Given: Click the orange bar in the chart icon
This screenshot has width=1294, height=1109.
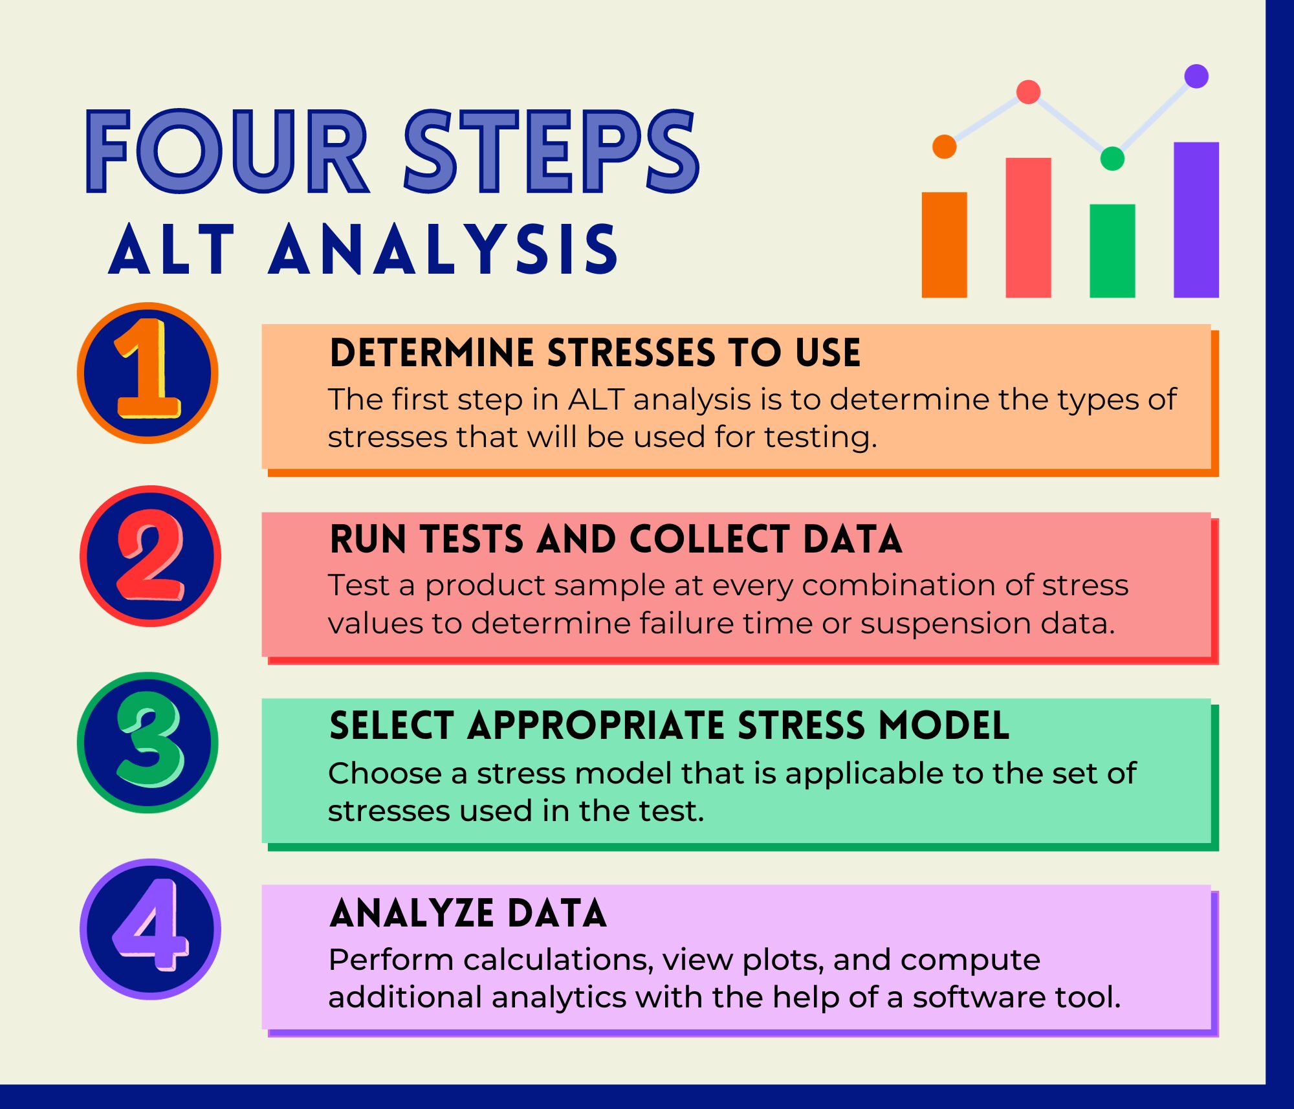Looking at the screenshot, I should click(x=944, y=245).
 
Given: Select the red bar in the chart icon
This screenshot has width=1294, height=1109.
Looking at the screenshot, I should click(x=1028, y=228).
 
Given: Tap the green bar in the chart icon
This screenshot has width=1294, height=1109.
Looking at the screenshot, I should click(x=1112, y=251).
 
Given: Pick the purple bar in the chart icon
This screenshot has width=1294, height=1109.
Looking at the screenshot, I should click(x=1196, y=220).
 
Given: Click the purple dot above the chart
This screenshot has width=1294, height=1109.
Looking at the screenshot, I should click(x=1196, y=76).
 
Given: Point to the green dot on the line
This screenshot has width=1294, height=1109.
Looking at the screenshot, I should click(x=1112, y=159).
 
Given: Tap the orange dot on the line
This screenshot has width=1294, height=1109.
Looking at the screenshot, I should click(x=944, y=146).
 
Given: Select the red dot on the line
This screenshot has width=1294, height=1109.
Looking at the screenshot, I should click(x=1028, y=92).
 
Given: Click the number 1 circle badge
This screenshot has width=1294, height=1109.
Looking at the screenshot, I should click(x=148, y=373).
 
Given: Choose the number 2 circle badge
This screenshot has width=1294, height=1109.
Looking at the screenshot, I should click(x=150, y=556).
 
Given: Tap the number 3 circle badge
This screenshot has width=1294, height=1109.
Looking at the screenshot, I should click(x=148, y=742).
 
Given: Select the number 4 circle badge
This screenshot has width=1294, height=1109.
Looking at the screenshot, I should click(x=150, y=928).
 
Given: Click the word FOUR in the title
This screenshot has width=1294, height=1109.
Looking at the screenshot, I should click(x=226, y=151).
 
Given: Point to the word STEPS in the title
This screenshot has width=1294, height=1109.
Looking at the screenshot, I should click(x=551, y=151).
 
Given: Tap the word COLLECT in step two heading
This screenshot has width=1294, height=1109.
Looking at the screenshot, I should click(x=709, y=540).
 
